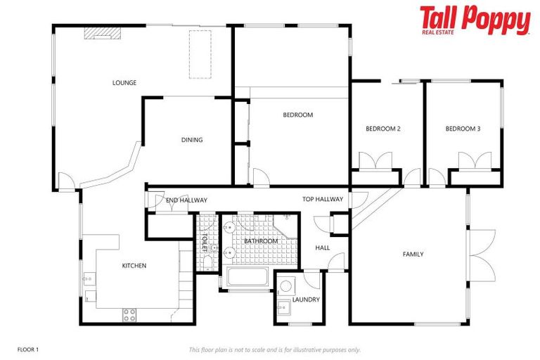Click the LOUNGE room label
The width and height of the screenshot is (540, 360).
tap(124, 83)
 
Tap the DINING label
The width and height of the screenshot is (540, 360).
tap(192, 140)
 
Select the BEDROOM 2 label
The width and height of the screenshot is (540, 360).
tap(383, 129)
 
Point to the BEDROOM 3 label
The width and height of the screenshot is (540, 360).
tap(463, 129)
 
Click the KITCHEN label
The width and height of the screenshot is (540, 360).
tap(134, 266)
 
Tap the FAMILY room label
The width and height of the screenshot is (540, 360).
tap(413, 254)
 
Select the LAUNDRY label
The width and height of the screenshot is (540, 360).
tap(306, 300)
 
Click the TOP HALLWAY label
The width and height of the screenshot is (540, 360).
tap(323, 199)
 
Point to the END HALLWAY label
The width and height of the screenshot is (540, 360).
tap(186, 200)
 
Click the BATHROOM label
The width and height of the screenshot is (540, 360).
tap(261, 241)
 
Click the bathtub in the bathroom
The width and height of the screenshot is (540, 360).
tap(248, 277)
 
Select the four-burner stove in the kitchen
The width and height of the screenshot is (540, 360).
tap(130, 314)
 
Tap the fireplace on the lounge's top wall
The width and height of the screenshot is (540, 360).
tap(102, 32)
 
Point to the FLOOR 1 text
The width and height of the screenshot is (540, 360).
tap(28, 349)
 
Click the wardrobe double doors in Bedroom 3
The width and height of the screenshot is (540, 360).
tap(475, 162)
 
